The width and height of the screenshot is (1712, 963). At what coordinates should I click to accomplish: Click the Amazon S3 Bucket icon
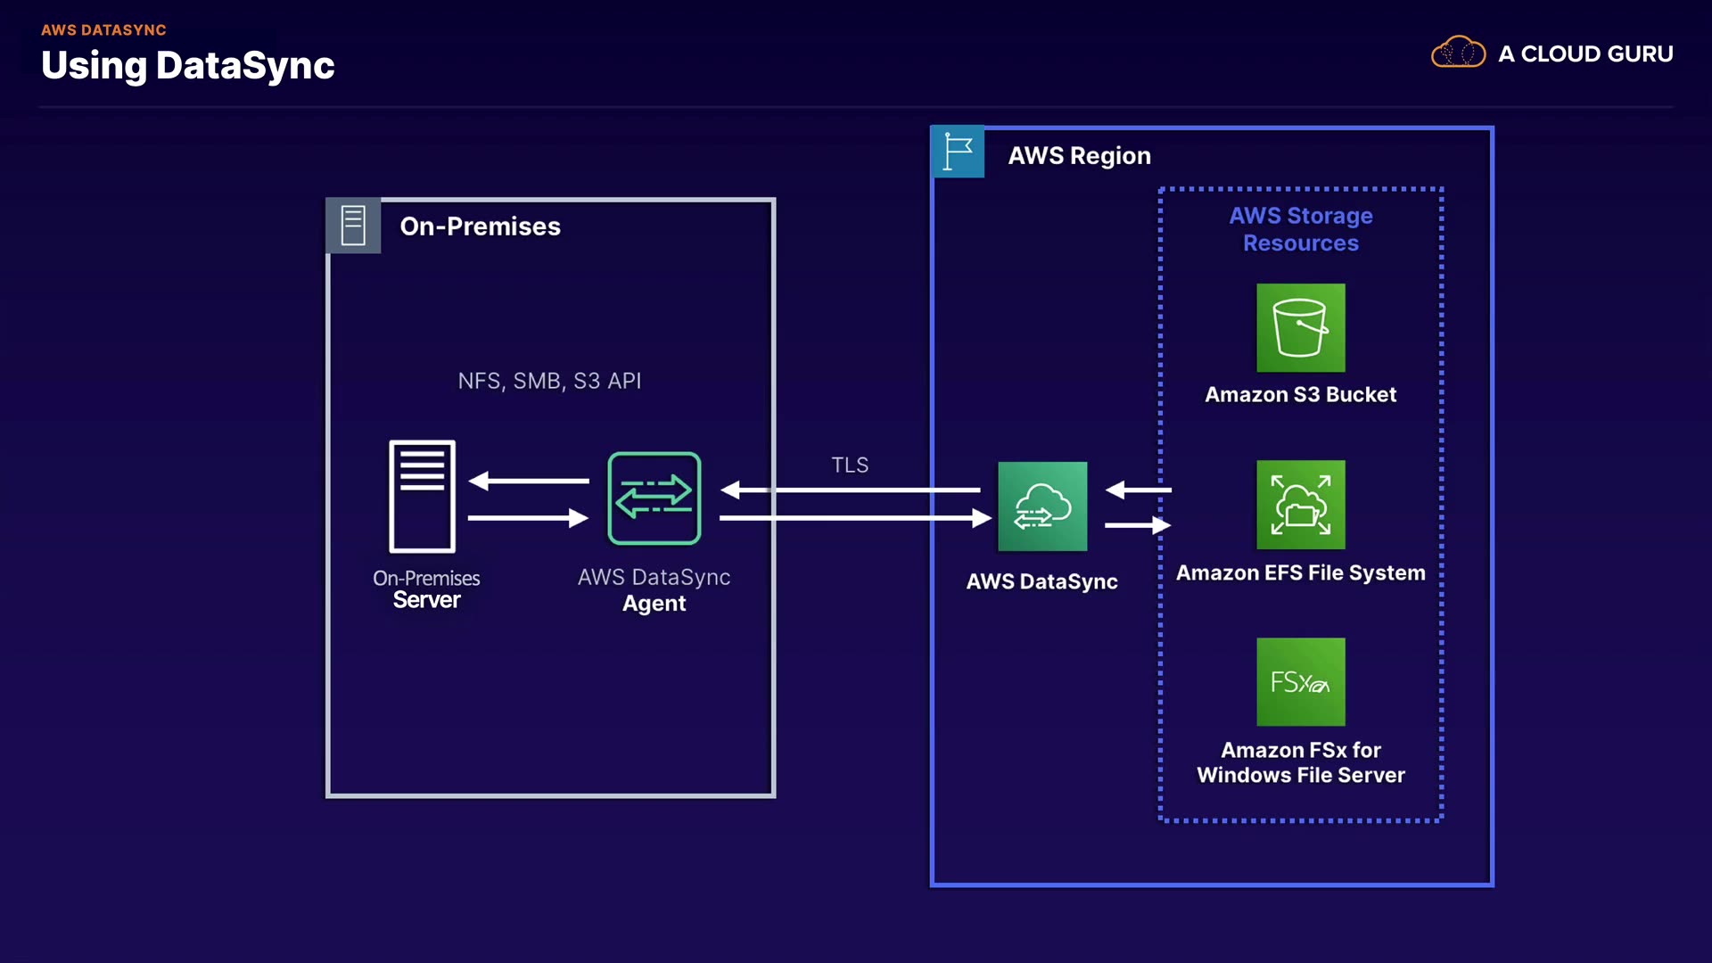tap(1301, 327)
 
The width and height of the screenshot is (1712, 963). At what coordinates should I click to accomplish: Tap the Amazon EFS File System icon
tap(1301, 505)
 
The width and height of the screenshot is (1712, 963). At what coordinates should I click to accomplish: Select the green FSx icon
tap(1301, 682)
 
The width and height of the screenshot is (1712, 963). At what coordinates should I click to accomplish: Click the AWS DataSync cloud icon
tap(1042, 506)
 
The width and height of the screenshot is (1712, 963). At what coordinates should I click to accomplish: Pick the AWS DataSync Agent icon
tap(654, 498)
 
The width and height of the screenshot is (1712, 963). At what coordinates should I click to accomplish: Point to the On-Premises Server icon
tap(423, 497)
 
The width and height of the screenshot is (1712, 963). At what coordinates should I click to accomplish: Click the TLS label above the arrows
tap(850, 465)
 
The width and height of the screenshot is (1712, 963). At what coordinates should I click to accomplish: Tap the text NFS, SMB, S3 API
tap(549, 382)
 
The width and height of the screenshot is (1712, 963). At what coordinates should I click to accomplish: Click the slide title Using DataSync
tap(188, 66)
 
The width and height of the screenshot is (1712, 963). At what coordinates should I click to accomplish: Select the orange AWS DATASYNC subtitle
tap(103, 30)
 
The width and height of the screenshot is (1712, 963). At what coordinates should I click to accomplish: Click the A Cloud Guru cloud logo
tap(1458, 53)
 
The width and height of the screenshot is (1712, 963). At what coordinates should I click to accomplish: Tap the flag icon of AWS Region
tap(958, 152)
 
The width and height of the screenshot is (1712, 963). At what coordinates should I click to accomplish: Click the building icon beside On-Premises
tap(353, 226)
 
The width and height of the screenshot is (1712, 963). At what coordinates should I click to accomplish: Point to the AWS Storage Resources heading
tap(1301, 229)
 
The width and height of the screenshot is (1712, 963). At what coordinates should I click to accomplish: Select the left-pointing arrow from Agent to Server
tap(529, 481)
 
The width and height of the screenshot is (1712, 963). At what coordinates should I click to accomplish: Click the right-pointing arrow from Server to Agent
tap(528, 518)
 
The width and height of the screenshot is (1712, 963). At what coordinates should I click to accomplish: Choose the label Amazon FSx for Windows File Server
tap(1301, 762)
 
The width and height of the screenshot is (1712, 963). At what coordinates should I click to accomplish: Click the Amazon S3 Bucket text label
tap(1300, 395)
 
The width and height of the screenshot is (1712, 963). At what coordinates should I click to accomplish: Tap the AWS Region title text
tap(1079, 156)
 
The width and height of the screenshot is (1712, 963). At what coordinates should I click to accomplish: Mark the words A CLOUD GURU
tap(1585, 54)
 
